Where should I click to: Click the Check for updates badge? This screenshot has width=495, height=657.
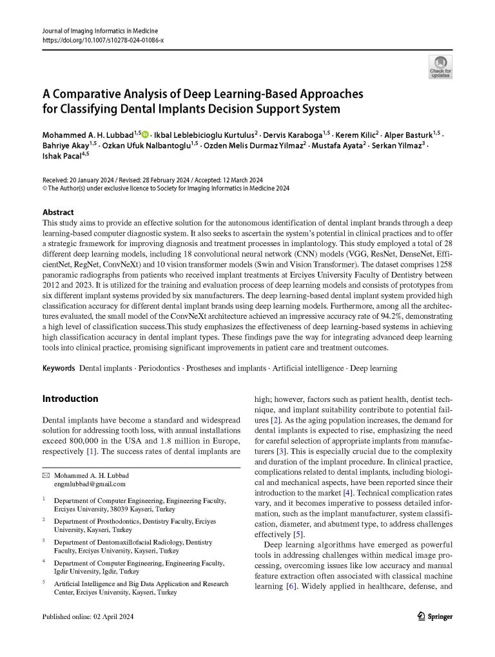point(440,66)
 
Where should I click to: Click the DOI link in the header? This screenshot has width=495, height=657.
point(102,40)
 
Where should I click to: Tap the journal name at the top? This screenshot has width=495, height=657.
point(100,31)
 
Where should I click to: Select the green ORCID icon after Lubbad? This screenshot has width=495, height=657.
point(144,134)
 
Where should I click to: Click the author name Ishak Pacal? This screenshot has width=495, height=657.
point(57,155)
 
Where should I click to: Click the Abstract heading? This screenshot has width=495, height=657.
point(58,213)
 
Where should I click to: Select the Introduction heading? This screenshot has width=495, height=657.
point(70,399)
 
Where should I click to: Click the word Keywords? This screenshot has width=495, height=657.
point(59,368)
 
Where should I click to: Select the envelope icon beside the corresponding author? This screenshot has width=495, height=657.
point(45,475)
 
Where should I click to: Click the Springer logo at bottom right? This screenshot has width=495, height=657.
point(435,616)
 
